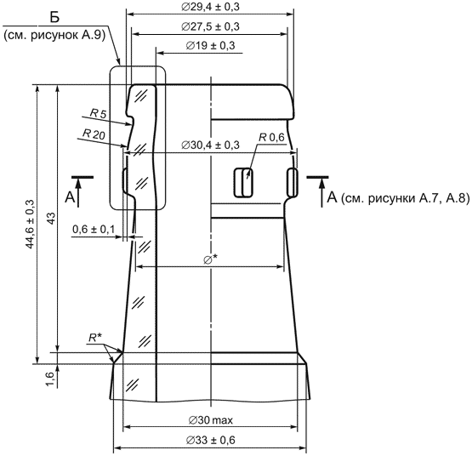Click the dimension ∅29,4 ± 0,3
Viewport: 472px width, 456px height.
(210, 7)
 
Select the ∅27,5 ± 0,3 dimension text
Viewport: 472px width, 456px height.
(210, 26)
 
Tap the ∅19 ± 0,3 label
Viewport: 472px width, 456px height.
(210, 45)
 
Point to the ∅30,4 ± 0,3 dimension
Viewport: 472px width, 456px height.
(210, 145)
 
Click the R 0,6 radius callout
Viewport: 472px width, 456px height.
(271, 137)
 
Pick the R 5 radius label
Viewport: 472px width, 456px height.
(99, 113)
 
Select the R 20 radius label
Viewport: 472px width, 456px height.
(94, 134)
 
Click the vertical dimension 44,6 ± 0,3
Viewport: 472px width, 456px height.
(31, 224)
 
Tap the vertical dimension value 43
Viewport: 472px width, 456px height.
(52, 218)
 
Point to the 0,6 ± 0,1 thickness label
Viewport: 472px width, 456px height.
(94, 230)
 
